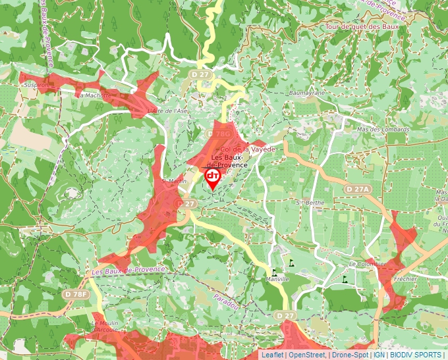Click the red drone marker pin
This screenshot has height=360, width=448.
(x=213, y=178)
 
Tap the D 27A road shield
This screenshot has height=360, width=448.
(x=358, y=189)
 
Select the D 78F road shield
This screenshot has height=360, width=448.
(x=76, y=294)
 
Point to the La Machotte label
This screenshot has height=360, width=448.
(x=93, y=95)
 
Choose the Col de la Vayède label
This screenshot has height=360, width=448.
(x=247, y=150)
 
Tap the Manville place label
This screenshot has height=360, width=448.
(x=277, y=279)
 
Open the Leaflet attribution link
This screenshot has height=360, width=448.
(x=272, y=355)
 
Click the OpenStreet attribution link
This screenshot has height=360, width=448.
(x=308, y=355)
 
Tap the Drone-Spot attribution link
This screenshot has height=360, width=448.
(x=350, y=355)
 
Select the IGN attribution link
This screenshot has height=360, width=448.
(x=379, y=355)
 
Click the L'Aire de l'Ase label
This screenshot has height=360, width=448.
(x=169, y=111)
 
